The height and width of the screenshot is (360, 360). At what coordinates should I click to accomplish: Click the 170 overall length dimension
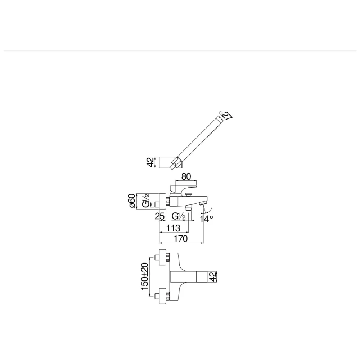point(181,239)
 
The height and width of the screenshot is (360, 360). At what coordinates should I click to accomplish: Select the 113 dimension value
point(173,228)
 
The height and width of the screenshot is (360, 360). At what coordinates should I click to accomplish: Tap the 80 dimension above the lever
point(186,176)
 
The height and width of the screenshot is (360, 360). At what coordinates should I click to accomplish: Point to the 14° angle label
point(206,219)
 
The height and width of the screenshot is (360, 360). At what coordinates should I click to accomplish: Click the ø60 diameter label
point(132,201)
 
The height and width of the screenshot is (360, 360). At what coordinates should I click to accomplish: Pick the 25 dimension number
point(159,216)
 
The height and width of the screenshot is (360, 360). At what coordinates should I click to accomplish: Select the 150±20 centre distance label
point(145,276)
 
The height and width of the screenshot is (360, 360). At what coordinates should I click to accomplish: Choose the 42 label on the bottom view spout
point(213,276)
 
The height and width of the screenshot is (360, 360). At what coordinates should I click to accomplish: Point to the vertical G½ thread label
point(145,201)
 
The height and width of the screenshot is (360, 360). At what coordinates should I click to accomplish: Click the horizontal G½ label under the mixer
point(179,216)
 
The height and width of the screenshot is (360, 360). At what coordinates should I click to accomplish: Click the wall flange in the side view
point(163,201)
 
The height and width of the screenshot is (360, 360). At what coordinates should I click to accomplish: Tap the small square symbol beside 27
point(221,112)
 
